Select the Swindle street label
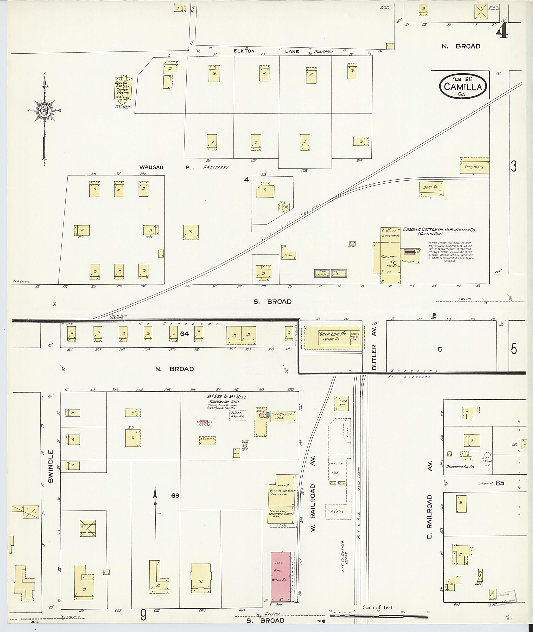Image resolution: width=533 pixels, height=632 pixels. tap(50, 467)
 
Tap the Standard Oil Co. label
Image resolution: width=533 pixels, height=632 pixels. tap(460, 467)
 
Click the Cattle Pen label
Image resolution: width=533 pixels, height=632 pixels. tap(336, 468)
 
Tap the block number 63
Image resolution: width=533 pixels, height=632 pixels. tap(175, 496)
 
